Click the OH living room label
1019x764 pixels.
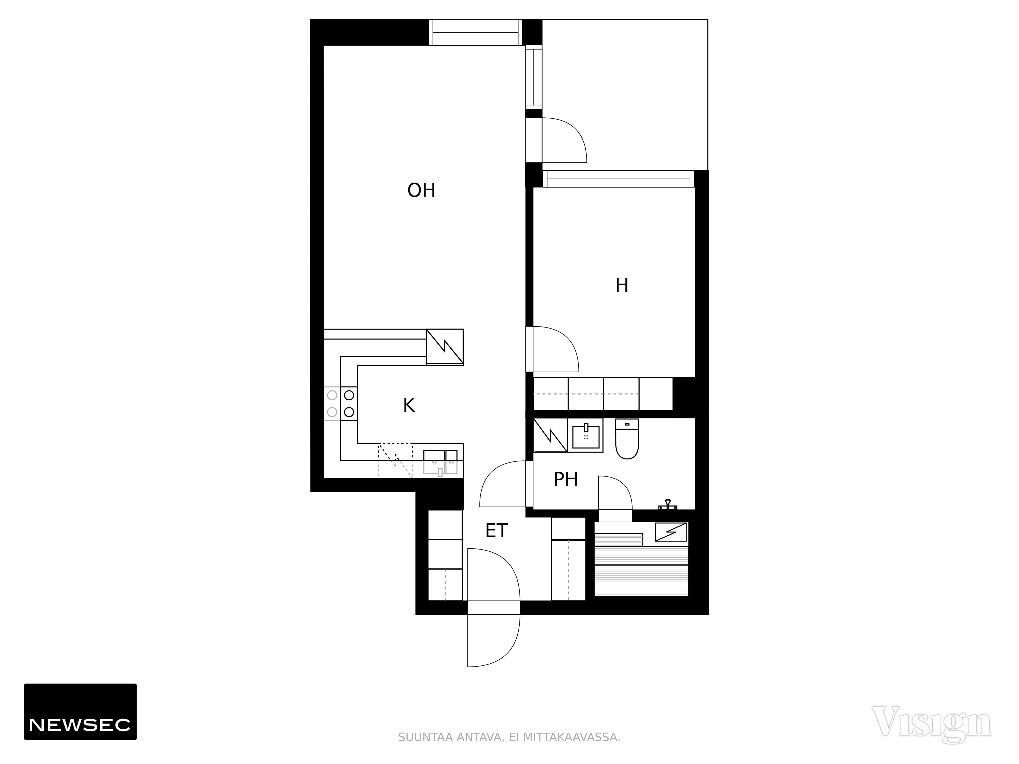(x=421, y=190)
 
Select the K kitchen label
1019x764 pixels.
(x=409, y=405)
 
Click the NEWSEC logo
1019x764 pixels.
(x=80, y=712)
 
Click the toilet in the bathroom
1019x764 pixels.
(x=627, y=439)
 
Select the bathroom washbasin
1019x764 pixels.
(x=585, y=436)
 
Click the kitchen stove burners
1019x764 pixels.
(x=340, y=403)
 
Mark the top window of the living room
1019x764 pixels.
(x=475, y=32)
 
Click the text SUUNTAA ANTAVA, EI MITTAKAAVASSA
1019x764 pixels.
(x=509, y=737)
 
